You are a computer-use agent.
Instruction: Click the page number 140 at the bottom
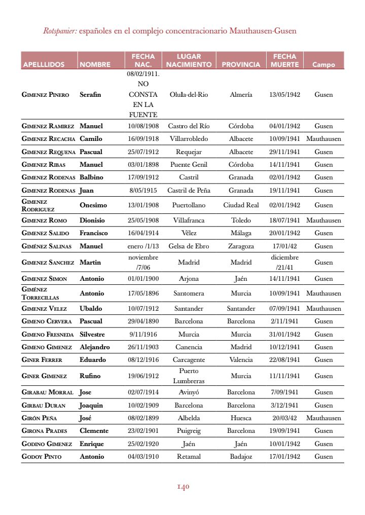click(x=182, y=487)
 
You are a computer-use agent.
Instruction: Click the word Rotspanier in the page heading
click(x=60, y=31)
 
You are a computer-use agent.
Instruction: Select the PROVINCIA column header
click(x=241, y=64)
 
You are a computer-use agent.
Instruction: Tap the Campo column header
click(x=323, y=64)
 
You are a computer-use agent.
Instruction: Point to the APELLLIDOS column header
click(x=44, y=64)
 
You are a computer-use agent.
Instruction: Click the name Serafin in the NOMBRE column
click(x=90, y=95)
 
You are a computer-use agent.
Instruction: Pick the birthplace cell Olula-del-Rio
click(x=189, y=95)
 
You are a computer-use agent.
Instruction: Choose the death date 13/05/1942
click(x=284, y=95)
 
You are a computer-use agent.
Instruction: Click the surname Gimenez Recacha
click(x=48, y=139)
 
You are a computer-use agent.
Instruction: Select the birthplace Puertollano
click(x=189, y=205)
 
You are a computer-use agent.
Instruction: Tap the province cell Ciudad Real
click(x=241, y=205)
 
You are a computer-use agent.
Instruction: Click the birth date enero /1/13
click(x=143, y=246)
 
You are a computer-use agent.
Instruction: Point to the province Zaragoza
click(x=241, y=246)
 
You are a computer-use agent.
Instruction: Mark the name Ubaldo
click(x=91, y=309)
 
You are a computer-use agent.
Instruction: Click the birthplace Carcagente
click(x=189, y=360)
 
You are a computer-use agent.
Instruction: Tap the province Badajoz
click(x=241, y=457)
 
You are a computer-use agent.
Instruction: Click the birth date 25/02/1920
click(x=143, y=444)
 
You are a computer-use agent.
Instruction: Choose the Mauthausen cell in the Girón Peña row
click(x=323, y=418)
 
